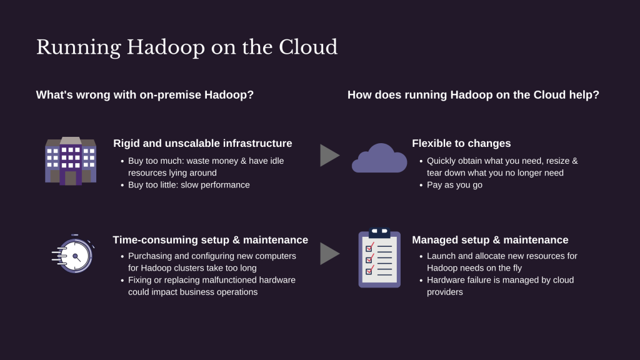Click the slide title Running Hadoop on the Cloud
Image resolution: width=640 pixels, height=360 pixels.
click(x=187, y=47)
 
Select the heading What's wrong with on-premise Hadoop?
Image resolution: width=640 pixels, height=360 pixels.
click(x=145, y=95)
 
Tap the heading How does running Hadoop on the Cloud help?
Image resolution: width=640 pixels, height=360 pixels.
click(x=473, y=95)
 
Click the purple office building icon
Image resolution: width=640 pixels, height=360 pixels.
click(x=71, y=161)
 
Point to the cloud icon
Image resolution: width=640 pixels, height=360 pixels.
click(x=379, y=158)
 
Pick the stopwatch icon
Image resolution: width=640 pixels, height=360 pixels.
click(x=73, y=254)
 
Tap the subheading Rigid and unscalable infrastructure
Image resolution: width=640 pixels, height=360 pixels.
click(x=202, y=144)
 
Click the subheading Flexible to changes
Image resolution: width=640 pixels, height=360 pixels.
click(x=461, y=144)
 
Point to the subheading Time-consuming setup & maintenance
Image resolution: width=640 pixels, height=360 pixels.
click(x=210, y=240)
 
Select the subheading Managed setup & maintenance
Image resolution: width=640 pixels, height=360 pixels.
click(x=490, y=240)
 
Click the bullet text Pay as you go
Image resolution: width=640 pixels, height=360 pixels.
click(x=454, y=185)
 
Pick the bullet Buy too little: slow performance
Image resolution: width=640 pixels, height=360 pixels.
click(x=189, y=185)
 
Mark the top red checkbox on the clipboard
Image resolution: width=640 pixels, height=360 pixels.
click(x=369, y=248)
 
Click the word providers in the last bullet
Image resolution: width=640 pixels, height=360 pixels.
click(x=445, y=292)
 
